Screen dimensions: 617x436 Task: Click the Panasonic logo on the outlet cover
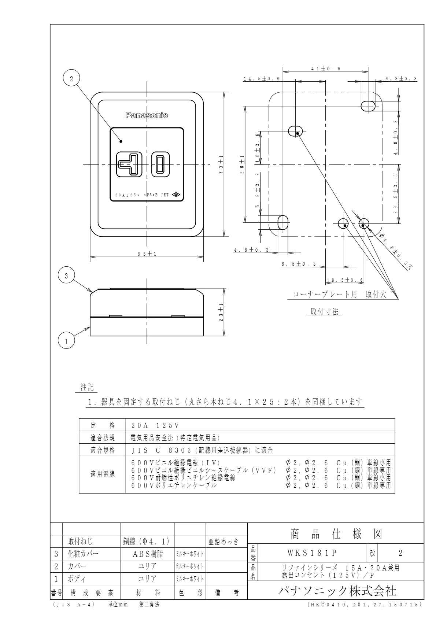147,116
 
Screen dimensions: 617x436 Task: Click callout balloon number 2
71,78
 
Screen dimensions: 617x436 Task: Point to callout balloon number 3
66,276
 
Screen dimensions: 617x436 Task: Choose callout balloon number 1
66,341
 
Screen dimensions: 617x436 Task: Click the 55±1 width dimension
147,254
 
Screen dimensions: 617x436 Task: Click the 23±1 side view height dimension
222,312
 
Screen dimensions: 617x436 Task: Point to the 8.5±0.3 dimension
298,264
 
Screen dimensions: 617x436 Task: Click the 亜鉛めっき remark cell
223,542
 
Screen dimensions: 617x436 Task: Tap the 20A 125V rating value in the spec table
155,425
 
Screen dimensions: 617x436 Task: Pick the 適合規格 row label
103,450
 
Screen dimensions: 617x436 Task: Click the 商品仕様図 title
336,535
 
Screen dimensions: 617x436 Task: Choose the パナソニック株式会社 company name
336,590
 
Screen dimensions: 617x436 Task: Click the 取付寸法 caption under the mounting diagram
324,312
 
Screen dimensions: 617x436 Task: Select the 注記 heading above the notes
87,387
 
